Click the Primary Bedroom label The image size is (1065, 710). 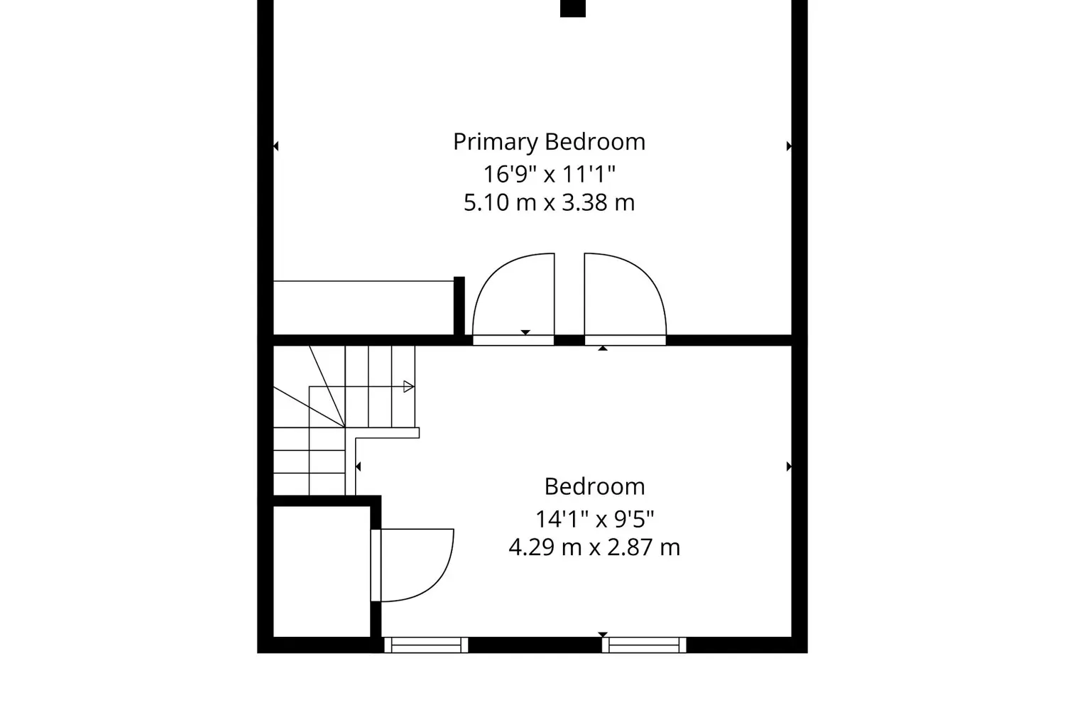tap(549, 142)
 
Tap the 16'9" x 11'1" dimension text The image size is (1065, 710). tap(549, 174)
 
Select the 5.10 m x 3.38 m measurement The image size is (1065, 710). tap(549, 202)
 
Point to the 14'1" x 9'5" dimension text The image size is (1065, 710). tap(595, 519)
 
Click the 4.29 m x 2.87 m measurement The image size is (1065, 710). tap(594, 547)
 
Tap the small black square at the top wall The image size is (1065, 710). tap(573, 8)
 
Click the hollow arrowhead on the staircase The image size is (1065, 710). tap(408, 387)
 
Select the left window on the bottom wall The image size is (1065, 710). tap(426, 645)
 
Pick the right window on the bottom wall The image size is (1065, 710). tap(644, 645)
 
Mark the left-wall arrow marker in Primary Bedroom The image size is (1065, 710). tap(275, 146)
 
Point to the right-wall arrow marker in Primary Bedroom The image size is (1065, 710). tap(790, 146)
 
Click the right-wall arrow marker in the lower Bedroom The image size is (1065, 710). tap(790, 466)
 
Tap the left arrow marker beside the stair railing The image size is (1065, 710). tap(358, 466)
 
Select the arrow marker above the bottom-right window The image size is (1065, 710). tap(603, 635)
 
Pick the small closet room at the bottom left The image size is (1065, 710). tap(322, 571)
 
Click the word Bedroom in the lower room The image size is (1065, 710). tap(595, 487)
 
